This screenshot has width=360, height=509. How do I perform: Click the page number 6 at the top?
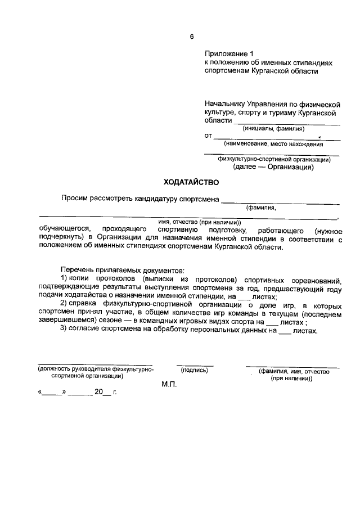[x=191, y=37]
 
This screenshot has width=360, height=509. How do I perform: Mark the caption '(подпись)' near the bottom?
[x=195, y=371]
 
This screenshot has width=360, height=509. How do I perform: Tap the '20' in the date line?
[x=99, y=392]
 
